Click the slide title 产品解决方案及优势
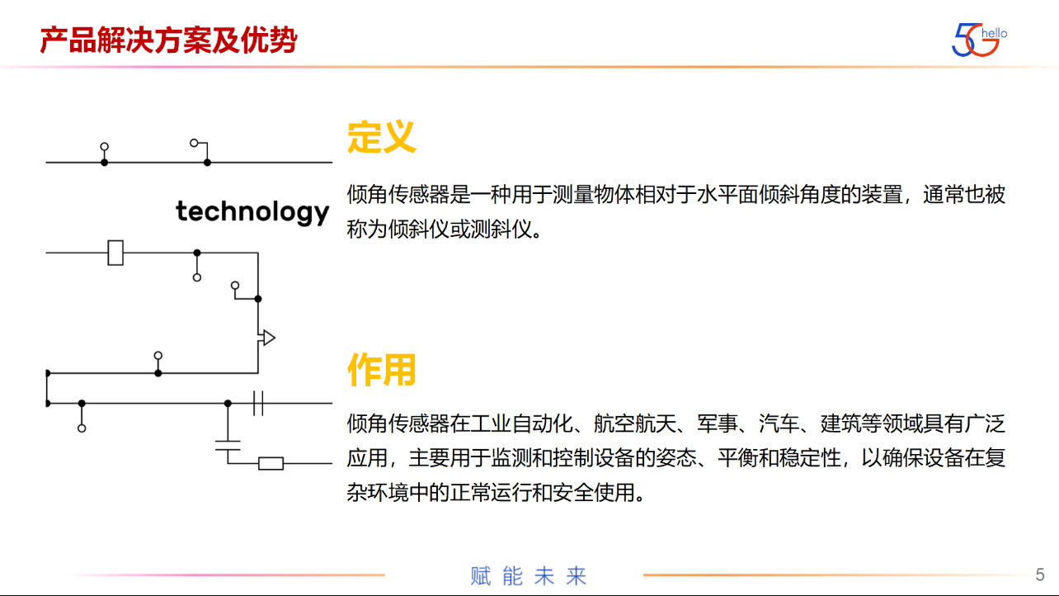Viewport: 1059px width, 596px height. point(169,40)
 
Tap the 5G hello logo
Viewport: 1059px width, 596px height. point(979,40)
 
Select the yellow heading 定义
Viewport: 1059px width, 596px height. point(382,137)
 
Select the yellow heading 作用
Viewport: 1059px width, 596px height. point(382,370)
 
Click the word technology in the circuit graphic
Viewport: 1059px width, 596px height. point(252,211)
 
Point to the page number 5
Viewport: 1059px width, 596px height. point(1039,575)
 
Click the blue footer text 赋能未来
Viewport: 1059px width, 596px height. point(529,575)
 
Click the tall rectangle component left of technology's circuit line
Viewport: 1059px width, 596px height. point(115,253)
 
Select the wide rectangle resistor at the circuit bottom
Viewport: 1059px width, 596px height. point(271,464)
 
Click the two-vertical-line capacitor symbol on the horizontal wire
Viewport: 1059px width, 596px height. point(258,404)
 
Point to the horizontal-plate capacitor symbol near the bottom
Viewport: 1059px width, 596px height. point(228,446)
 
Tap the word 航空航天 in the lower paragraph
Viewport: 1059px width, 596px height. point(635,423)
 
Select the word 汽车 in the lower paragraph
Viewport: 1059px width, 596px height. point(779,423)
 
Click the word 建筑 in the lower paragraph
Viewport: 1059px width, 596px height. point(840,423)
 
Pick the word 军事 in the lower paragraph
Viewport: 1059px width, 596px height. point(718,423)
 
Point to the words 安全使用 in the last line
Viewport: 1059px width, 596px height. point(593,493)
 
